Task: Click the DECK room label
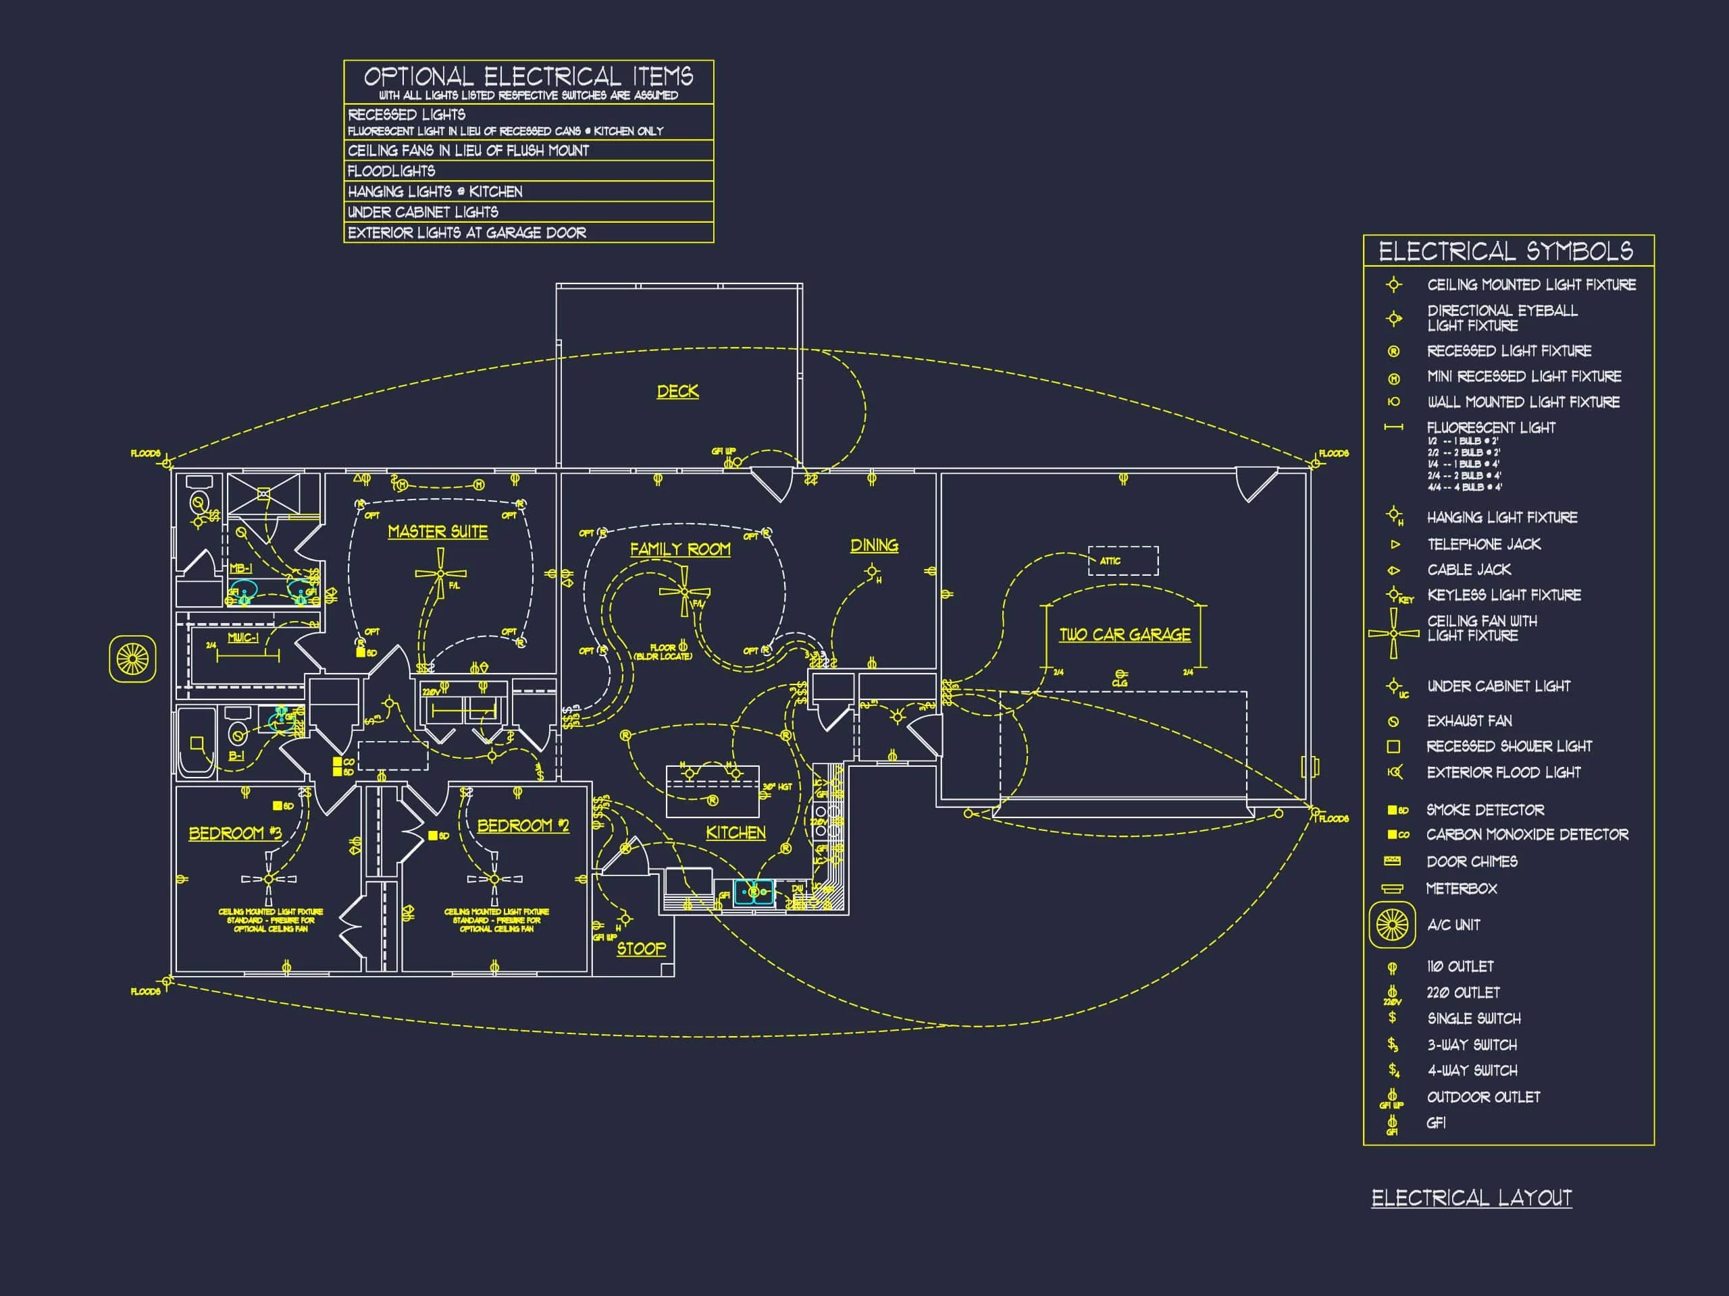[x=677, y=391]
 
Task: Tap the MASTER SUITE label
[x=438, y=532]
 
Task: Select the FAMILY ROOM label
[x=680, y=549]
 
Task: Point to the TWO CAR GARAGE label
[x=1125, y=634]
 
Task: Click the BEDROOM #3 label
[x=234, y=833]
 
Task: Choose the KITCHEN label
[x=736, y=833]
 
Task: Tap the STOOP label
[x=641, y=948]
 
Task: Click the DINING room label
[x=874, y=545]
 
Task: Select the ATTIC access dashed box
[x=1123, y=560]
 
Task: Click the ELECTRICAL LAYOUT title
[x=1471, y=1197]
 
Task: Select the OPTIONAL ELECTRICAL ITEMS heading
[x=528, y=76]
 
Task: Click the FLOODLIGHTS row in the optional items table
[x=392, y=171]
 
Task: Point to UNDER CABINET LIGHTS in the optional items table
[x=423, y=212]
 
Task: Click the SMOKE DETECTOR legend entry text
[x=1485, y=810]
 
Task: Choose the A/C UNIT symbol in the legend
[x=1392, y=925]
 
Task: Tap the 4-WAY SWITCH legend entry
[x=1472, y=1071]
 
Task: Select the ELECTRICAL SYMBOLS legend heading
[x=1505, y=252]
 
